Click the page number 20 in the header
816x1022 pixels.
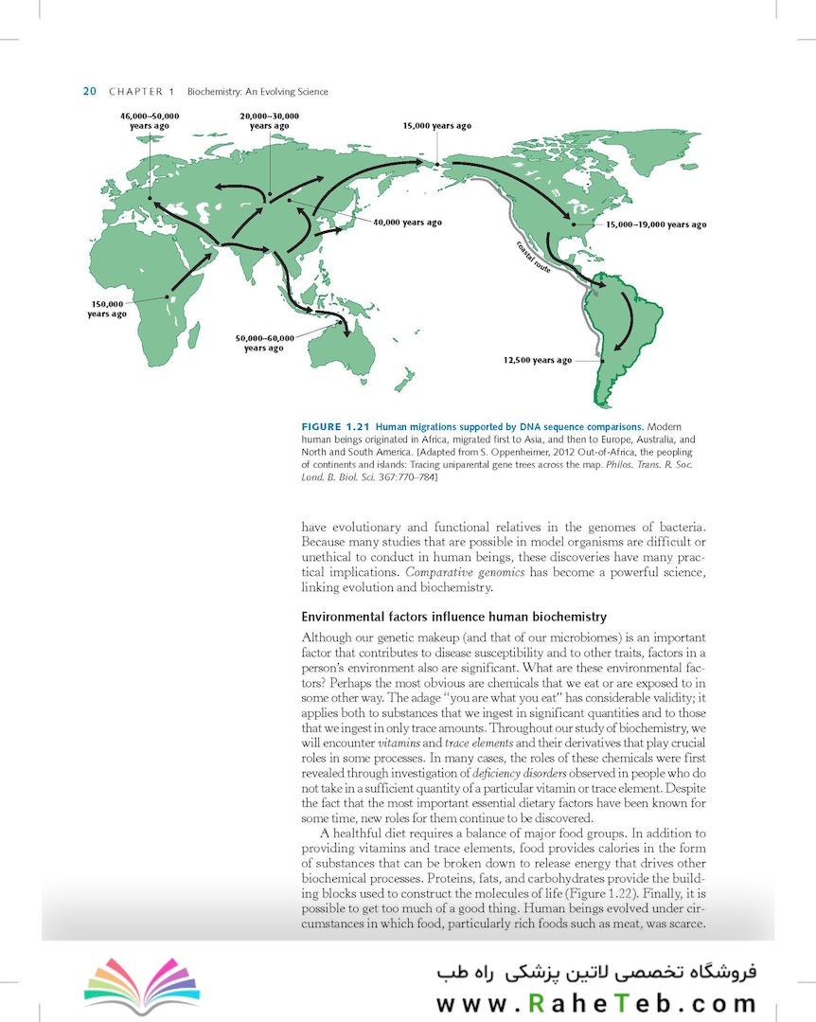[90, 92]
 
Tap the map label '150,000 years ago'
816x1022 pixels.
[107, 309]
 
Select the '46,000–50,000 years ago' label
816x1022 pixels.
[150, 120]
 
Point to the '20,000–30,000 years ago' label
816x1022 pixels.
[270, 120]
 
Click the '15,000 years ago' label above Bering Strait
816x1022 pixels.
[436, 126]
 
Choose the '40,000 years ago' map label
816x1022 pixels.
[407, 223]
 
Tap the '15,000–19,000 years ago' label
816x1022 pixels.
[655, 224]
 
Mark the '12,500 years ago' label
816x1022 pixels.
[537, 361]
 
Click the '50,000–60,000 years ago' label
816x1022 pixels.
[264, 343]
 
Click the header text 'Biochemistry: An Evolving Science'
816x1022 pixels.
[257, 92]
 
